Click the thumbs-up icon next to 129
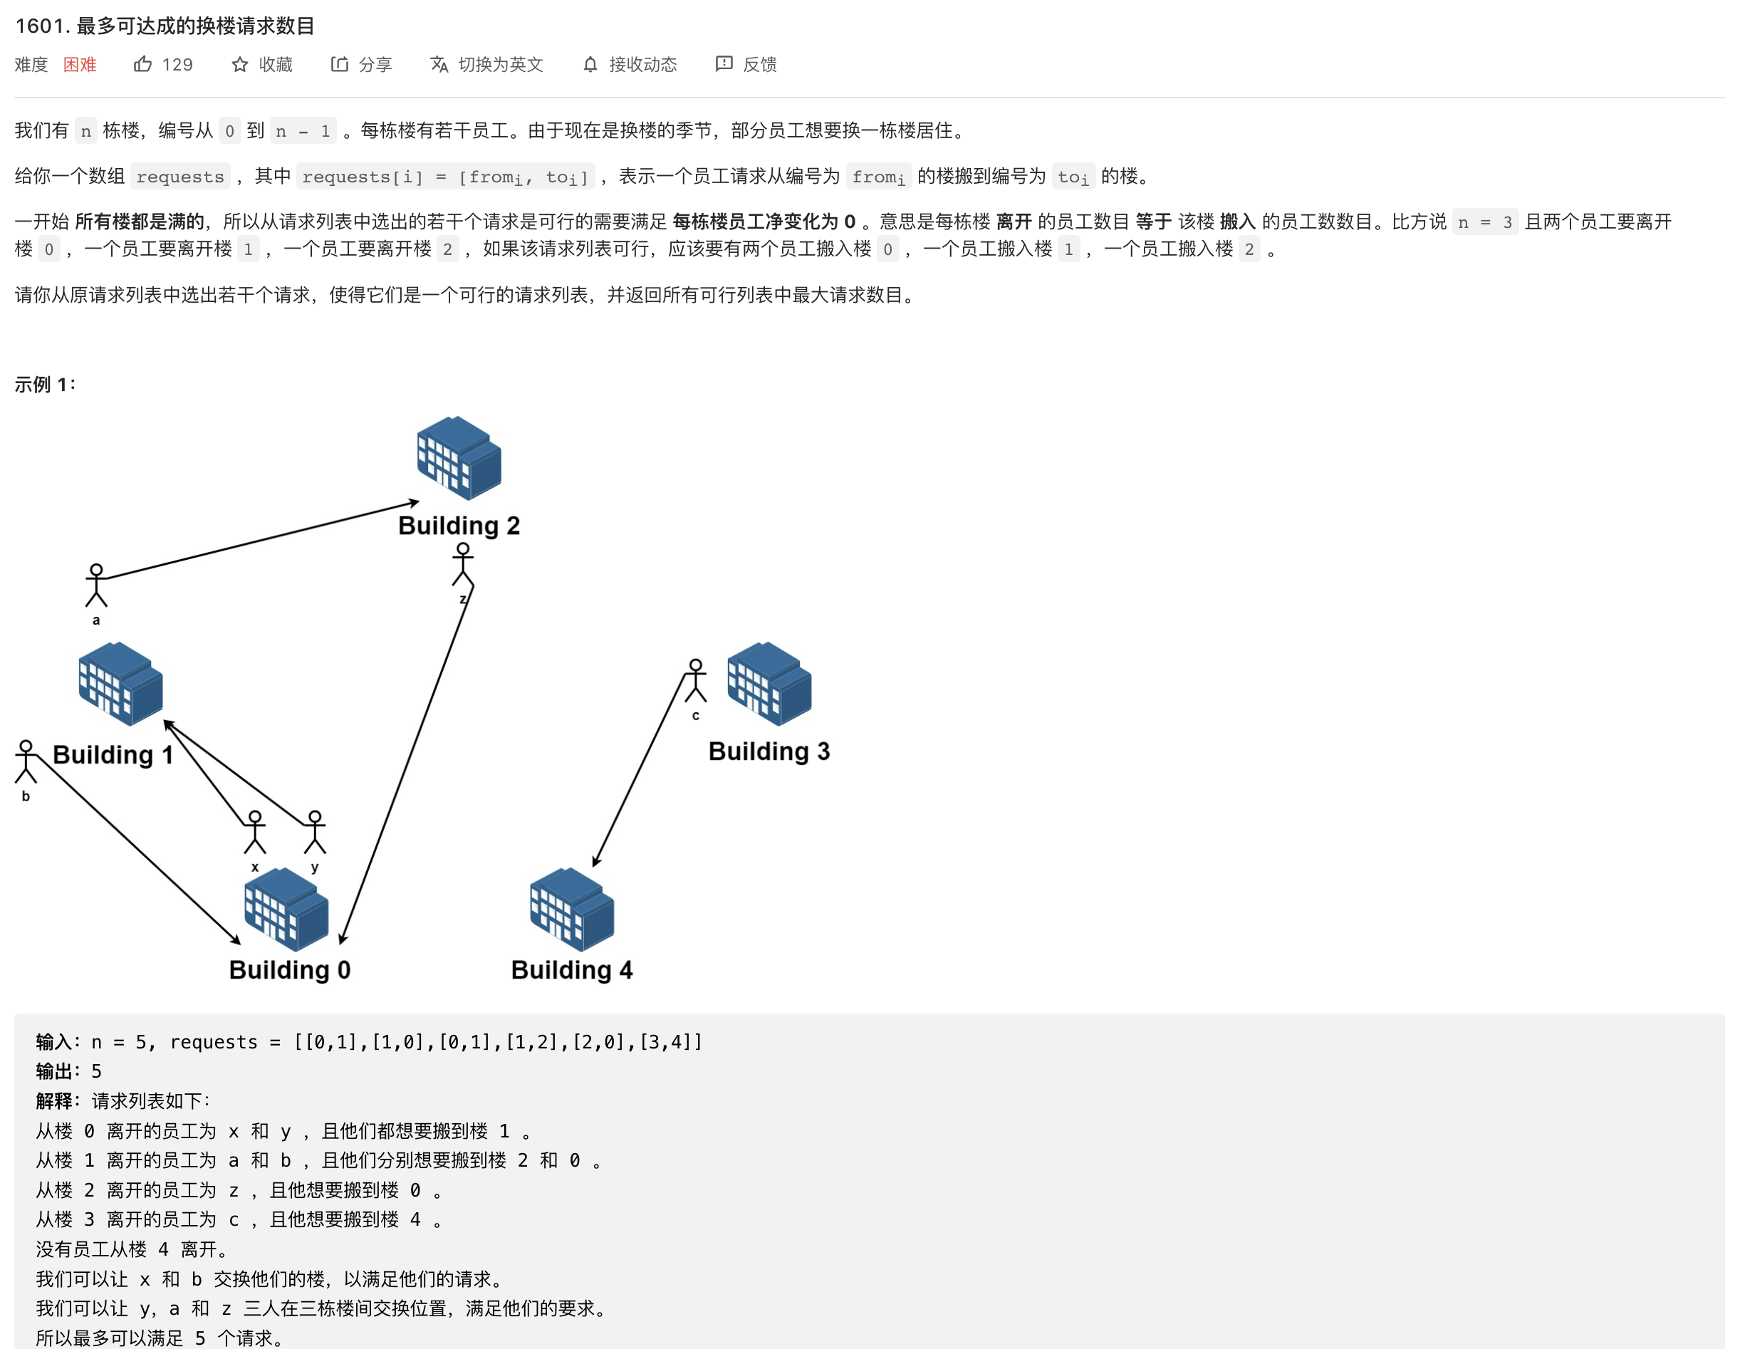coord(143,64)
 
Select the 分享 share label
coord(375,65)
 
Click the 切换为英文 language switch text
coord(500,65)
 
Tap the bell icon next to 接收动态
coord(590,65)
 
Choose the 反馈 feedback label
coord(759,65)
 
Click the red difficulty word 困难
coord(80,65)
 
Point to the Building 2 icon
coord(459,458)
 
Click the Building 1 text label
coord(113,754)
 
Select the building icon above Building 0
coord(286,910)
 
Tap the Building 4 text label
coord(571,969)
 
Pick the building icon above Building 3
coord(769,684)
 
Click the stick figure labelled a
coord(96,585)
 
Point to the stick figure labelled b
coord(26,761)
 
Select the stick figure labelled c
coord(695,681)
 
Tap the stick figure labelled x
coord(255,832)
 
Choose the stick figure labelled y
coord(315,832)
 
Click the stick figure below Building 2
coord(463,564)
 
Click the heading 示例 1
coord(45,385)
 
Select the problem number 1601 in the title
coord(39,26)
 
